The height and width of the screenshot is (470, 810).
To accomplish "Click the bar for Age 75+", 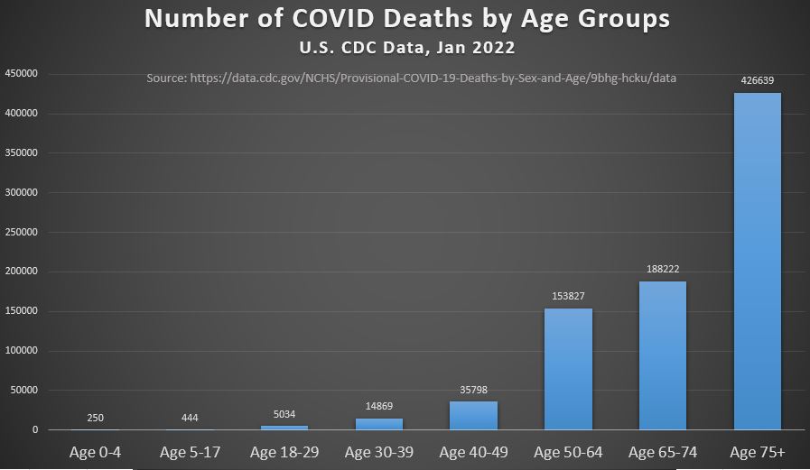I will pyautogui.click(x=757, y=262).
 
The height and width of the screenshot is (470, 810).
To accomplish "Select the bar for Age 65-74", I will pyautogui.click(x=663, y=355).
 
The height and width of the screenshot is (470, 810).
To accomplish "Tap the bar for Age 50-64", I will pyautogui.click(x=568, y=369).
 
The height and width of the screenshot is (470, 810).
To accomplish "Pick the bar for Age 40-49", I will pyautogui.click(x=473, y=416).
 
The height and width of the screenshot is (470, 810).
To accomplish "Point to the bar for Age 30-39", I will pyautogui.click(x=379, y=424).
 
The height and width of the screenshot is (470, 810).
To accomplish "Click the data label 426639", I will pyautogui.click(x=757, y=80).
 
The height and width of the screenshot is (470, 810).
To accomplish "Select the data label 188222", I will pyautogui.click(x=663, y=269).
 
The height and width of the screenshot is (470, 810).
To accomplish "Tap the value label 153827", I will pyautogui.click(x=568, y=296).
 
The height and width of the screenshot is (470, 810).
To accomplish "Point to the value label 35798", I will pyautogui.click(x=473, y=390).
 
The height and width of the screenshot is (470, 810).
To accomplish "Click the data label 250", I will pyautogui.click(x=96, y=418).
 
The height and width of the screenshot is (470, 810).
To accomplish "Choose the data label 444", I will pyautogui.click(x=190, y=418).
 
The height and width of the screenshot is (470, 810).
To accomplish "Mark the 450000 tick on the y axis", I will pyautogui.click(x=22, y=74).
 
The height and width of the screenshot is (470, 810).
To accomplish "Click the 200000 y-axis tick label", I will pyautogui.click(x=22, y=272).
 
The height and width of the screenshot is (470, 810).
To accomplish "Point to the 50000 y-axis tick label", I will pyautogui.click(x=24, y=391).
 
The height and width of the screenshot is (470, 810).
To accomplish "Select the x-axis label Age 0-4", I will pyautogui.click(x=96, y=452).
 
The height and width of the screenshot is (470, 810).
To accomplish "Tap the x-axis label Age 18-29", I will pyautogui.click(x=284, y=452).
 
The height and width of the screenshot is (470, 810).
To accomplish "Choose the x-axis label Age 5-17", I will pyautogui.click(x=190, y=452).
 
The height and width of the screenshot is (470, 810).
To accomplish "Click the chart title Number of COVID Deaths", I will pyautogui.click(x=407, y=19).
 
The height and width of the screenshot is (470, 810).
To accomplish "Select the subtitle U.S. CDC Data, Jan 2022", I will pyautogui.click(x=407, y=47).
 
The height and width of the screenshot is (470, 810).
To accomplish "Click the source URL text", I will pyautogui.click(x=411, y=78).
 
